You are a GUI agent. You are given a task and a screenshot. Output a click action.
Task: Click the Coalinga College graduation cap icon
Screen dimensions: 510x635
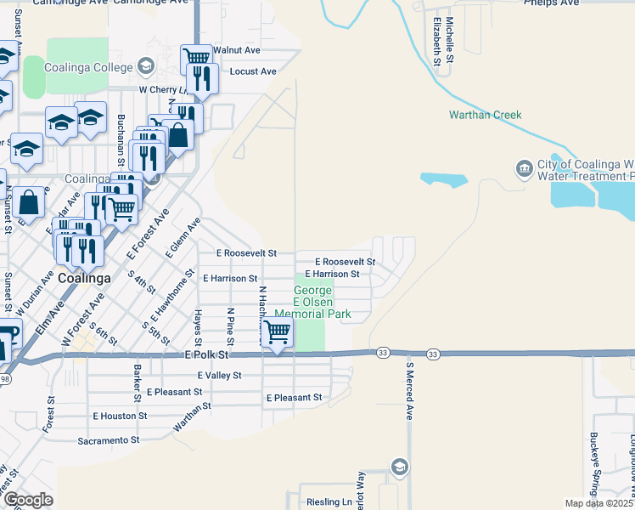pyautogui.click(x=145, y=66)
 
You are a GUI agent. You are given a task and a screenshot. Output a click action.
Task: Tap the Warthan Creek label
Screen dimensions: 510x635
pyautogui.click(x=485, y=115)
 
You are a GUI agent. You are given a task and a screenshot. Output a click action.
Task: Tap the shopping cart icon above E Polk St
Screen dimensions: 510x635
pyautogui.click(x=277, y=332)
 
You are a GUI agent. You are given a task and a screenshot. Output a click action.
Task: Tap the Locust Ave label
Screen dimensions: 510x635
pyautogui.click(x=253, y=72)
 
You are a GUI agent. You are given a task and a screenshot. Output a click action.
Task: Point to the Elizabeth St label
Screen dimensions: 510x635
pyautogui.click(x=437, y=41)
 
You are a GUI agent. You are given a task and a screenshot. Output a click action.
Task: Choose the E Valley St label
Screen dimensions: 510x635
pyautogui.click(x=219, y=375)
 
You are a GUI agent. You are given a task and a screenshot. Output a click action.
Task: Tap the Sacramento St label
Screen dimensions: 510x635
pyautogui.click(x=108, y=439)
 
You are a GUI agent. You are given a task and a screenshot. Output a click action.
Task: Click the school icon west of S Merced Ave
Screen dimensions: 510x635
pyautogui.click(x=399, y=466)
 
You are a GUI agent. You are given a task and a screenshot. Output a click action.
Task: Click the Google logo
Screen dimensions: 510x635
pyautogui.click(x=28, y=499)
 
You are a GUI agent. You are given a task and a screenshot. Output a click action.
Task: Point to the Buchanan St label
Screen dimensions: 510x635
pyautogui.click(x=121, y=140)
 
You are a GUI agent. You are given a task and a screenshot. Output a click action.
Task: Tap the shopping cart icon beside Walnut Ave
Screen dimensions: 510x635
pyautogui.click(x=197, y=58)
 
